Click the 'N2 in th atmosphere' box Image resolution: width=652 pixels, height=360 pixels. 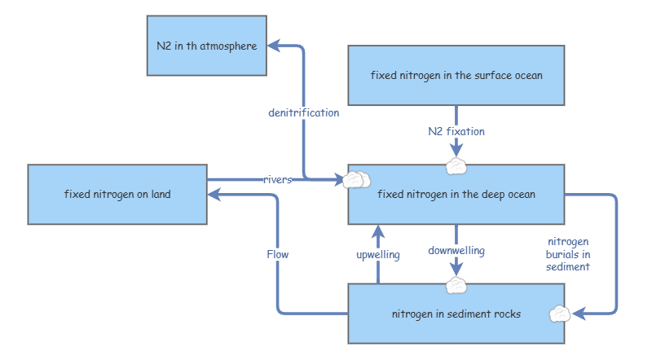207,46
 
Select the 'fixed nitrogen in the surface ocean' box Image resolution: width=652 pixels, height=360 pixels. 456,76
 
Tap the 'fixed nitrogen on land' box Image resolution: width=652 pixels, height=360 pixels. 117,195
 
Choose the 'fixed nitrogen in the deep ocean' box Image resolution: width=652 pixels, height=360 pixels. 456,195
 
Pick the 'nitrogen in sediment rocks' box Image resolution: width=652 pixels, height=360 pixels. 456,314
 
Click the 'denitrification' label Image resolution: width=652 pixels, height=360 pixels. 303,112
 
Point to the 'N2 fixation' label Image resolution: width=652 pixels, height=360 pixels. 456,130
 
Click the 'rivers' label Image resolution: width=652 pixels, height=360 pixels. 277,179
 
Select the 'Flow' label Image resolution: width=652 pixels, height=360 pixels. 277,254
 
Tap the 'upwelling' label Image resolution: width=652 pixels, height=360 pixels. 378,255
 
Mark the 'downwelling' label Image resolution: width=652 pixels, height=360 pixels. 456,251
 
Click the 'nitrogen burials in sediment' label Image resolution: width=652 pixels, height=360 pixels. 568,254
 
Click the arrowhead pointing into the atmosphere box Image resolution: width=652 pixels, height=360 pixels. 275,46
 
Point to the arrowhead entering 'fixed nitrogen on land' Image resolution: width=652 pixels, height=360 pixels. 214,195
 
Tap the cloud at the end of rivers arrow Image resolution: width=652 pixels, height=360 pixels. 356,179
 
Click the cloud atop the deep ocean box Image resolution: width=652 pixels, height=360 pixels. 456,166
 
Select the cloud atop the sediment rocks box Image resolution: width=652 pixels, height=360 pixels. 456,285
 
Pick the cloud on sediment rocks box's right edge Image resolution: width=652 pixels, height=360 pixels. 560,313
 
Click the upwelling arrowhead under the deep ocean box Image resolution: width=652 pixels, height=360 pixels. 378,231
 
